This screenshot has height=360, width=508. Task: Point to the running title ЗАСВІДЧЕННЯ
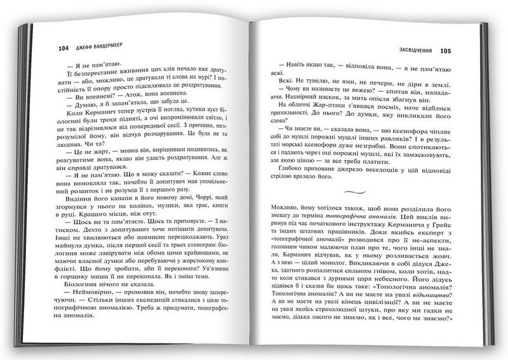point(408,50)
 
